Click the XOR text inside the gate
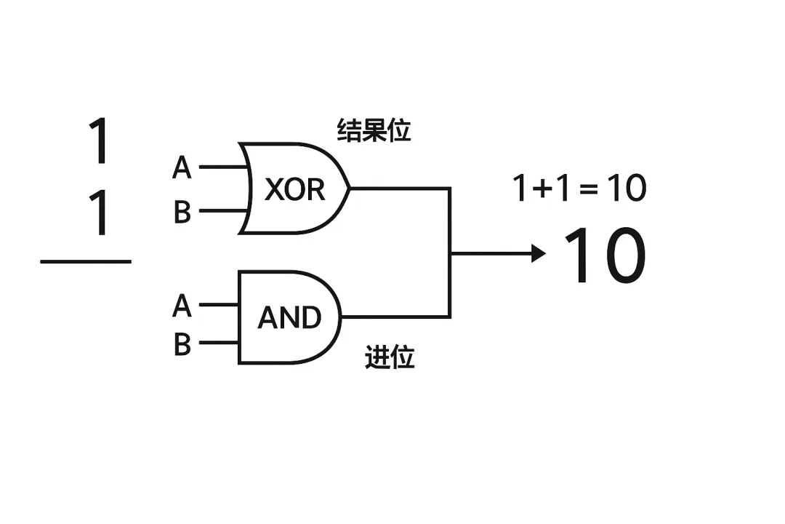[x=294, y=190]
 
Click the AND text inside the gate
[x=289, y=318]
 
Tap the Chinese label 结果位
[x=374, y=131]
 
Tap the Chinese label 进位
[x=390, y=358]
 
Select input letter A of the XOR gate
[x=182, y=168]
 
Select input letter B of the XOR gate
[x=182, y=213]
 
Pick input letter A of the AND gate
[x=182, y=306]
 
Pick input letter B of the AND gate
[x=182, y=344]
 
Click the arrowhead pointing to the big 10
[x=539, y=253]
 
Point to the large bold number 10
[x=605, y=256]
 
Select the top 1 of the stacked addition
[x=99, y=142]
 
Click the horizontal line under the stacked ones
[x=86, y=261]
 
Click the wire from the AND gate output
[x=396, y=317]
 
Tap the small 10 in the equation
[x=626, y=189]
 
